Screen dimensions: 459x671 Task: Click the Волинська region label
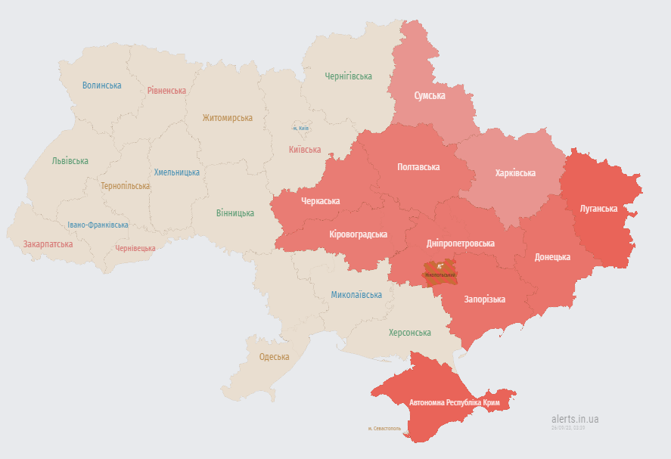(101, 85)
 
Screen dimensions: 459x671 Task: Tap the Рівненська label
(166, 91)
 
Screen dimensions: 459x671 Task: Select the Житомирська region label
(227, 118)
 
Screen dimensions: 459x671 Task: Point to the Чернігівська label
(348, 76)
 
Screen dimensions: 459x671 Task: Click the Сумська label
(430, 96)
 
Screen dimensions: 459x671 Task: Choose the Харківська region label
(515, 173)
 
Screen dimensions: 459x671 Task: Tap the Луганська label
(598, 209)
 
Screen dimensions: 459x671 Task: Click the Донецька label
(552, 257)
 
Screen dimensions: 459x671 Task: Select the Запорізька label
(484, 300)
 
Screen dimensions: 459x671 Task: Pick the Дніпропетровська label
(461, 243)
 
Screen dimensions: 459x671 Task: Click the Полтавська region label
(418, 167)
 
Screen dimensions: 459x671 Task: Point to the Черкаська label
(320, 201)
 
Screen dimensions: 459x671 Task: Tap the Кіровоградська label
(359, 234)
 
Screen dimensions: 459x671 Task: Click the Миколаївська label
(356, 294)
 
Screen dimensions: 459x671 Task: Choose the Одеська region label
(274, 357)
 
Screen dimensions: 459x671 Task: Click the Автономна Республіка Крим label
(455, 402)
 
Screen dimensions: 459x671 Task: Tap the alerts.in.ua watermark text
(575, 418)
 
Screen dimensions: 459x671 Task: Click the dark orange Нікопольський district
(441, 270)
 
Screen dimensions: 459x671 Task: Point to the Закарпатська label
(48, 244)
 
